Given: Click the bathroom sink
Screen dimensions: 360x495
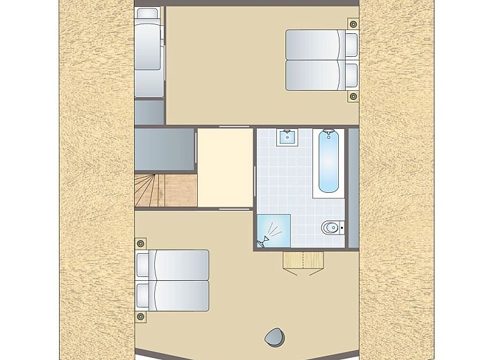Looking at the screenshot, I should pyautogui.click(x=286, y=137).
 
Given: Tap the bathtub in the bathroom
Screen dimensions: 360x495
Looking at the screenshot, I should pyautogui.click(x=328, y=164).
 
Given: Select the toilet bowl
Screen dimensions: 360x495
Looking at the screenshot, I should pyautogui.click(x=331, y=227).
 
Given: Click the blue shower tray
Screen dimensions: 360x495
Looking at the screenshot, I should pyautogui.click(x=274, y=230).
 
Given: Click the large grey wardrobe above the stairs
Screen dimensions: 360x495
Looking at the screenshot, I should pyautogui.click(x=164, y=148).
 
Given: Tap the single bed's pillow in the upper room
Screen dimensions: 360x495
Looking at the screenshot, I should pyautogui.click(x=146, y=16).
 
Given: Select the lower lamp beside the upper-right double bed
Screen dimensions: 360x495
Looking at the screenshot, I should pyautogui.click(x=353, y=96).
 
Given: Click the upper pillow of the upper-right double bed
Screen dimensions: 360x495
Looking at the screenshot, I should pyautogui.click(x=351, y=44).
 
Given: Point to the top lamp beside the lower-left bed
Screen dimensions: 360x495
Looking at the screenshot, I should pyautogui.click(x=141, y=243).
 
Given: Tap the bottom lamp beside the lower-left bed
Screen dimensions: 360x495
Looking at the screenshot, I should pyautogui.click(x=141, y=316).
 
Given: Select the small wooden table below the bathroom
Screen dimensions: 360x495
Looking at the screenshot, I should pyautogui.click(x=303, y=260).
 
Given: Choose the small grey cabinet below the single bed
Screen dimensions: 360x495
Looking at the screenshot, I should pyautogui.click(x=149, y=112).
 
